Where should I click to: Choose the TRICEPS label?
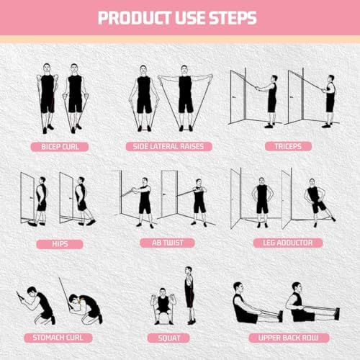click(282, 146)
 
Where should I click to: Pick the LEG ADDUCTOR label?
click(282, 243)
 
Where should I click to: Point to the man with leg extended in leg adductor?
click(314, 203)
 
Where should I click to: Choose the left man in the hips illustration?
click(42, 200)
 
